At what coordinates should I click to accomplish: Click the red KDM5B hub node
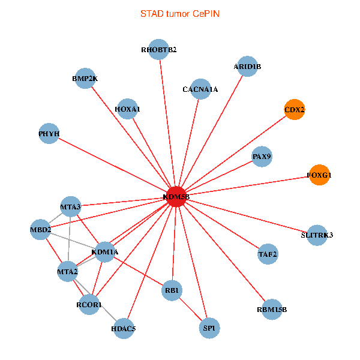[176, 197]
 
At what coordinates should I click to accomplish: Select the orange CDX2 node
[294, 110]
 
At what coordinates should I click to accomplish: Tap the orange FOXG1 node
[319, 175]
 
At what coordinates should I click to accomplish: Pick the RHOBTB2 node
[159, 50]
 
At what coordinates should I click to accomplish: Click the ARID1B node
[247, 67]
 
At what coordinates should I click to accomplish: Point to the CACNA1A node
[200, 89]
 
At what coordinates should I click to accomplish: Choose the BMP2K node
[86, 79]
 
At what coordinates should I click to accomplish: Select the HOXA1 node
[127, 109]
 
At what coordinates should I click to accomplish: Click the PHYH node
[49, 134]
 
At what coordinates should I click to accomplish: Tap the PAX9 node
[262, 157]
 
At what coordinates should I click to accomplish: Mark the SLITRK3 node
[316, 235]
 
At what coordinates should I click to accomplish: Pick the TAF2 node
[268, 254]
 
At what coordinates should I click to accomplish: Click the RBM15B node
[272, 310]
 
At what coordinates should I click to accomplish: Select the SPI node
[209, 328]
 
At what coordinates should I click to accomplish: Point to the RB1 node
[172, 291]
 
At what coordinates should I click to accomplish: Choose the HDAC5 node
[124, 328]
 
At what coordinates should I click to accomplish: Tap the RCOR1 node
[89, 305]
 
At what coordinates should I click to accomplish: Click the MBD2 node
[41, 230]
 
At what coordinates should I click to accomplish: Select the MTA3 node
[70, 207]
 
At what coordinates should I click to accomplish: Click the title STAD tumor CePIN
[179, 13]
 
